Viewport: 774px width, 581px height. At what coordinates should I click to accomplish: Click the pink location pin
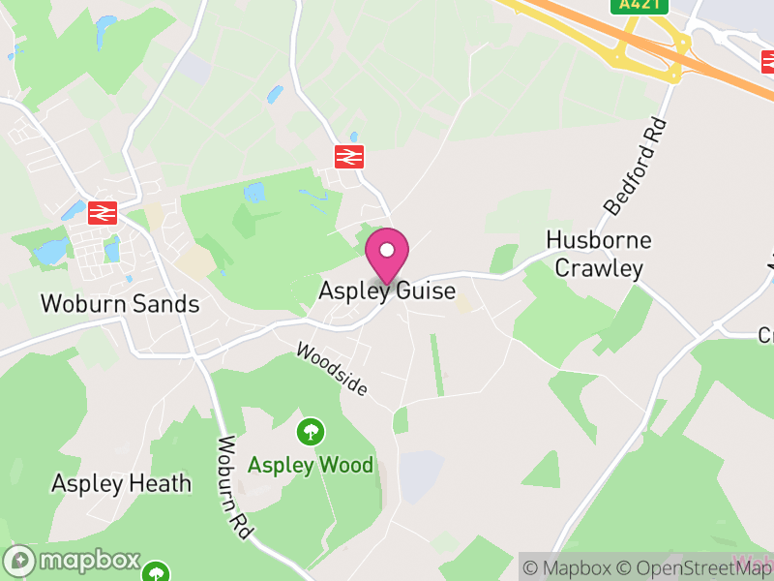coord(387,255)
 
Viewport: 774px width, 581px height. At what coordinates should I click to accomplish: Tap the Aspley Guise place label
coord(387,290)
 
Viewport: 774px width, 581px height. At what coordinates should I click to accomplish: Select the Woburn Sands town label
coord(120,304)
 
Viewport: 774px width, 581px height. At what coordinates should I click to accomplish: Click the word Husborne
coord(599,240)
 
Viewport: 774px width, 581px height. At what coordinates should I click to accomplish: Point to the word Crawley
coord(599,268)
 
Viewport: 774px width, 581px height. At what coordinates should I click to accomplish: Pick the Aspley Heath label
coord(121,483)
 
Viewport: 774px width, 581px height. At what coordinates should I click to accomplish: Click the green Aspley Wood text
coord(311,465)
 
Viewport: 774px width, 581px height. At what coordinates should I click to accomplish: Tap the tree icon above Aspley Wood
coord(311,431)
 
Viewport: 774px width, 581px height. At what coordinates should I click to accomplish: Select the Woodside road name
coord(333,369)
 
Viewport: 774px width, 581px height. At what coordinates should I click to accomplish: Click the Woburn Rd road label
coord(234,488)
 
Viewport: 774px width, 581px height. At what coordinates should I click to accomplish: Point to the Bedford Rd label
coord(636,166)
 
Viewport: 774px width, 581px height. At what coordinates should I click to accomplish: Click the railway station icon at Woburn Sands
coord(102,212)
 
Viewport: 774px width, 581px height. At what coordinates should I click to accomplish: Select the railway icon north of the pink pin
coord(349,156)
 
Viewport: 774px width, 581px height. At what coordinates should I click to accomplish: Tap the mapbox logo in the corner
coord(73,561)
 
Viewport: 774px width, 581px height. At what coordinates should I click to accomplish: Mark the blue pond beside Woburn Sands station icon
coord(73,210)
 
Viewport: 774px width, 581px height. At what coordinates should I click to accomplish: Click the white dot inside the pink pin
coord(387,250)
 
